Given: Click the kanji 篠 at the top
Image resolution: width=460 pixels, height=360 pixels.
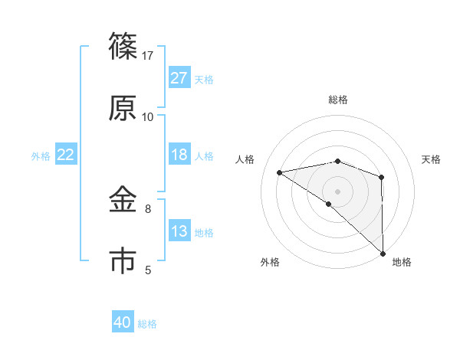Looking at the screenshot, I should [x=123, y=48].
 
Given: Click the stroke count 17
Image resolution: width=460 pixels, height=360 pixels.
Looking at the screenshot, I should [x=148, y=56].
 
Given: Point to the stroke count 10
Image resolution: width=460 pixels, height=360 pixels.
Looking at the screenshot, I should [x=148, y=116].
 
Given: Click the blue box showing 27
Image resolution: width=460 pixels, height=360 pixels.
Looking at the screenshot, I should [x=179, y=78].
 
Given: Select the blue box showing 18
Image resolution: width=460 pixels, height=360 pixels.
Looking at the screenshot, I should [x=179, y=155].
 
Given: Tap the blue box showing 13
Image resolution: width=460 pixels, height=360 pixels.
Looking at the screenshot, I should [x=179, y=231].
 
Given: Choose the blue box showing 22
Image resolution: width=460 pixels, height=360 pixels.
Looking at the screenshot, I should [x=66, y=155].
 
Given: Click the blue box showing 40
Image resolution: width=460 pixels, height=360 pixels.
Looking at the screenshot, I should [x=123, y=322].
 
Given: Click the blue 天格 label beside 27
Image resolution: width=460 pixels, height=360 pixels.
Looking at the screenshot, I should [x=204, y=79].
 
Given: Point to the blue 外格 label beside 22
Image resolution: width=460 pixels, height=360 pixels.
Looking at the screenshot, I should [x=41, y=155].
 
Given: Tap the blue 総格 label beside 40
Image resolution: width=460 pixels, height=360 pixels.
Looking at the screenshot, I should [x=147, y=323].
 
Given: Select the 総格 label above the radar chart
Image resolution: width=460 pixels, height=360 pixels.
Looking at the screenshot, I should [x=338, y=100].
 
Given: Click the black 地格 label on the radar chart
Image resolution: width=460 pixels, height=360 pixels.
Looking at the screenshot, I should [x=402, y=263].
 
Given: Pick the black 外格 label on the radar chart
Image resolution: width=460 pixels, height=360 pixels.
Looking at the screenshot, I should [x=270, y=263].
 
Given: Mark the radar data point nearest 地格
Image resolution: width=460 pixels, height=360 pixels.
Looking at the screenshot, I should [x=383, y=253].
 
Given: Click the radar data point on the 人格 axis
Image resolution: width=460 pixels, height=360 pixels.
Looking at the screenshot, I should [x=280, y=172].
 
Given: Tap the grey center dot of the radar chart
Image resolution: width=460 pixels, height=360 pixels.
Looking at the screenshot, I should [x=337, y=191].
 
